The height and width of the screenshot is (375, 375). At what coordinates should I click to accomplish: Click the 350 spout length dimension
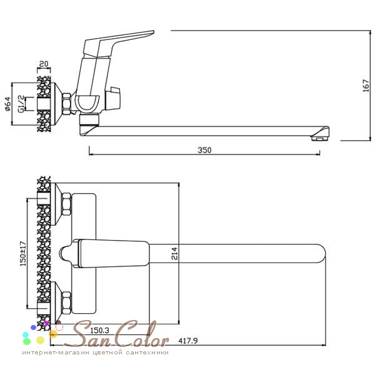click(204, 150)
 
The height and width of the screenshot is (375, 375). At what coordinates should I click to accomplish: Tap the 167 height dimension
click(366, 86)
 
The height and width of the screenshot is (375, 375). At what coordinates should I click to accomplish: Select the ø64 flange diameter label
click(8, 104)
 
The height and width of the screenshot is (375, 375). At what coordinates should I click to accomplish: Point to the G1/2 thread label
click(21, 104)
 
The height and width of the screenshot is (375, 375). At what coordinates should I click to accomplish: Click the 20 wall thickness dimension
click(44, 64)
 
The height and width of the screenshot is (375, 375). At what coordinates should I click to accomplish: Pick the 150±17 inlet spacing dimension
click(23, 254)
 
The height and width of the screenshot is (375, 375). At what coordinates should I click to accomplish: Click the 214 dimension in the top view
click(174, 254)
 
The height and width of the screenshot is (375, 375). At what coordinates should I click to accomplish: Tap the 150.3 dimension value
click(99, 331)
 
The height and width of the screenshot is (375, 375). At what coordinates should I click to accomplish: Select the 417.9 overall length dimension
click(188, 341)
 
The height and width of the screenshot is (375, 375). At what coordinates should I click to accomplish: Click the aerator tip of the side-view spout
click(319, 138)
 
